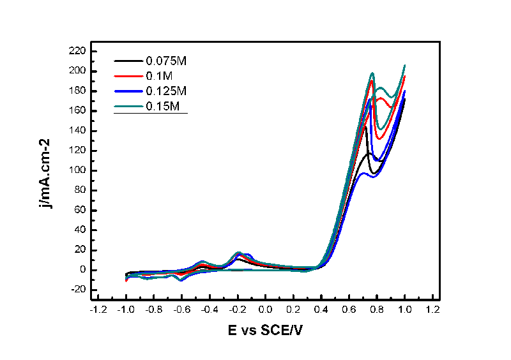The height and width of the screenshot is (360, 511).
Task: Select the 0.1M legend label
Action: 160,76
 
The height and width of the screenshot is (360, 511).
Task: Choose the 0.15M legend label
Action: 164,105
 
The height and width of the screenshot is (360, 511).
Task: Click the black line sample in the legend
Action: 128,61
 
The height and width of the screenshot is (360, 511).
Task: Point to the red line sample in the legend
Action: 128,76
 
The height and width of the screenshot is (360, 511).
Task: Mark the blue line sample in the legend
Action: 128,91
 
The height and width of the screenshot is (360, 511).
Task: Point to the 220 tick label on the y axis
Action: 79,51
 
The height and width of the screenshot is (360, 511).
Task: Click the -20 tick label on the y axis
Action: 79,290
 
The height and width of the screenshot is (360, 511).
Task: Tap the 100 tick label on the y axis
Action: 79,170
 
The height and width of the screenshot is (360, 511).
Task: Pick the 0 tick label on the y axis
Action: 84,270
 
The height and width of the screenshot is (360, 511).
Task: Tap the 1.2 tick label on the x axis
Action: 432,310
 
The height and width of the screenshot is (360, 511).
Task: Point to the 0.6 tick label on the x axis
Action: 348,310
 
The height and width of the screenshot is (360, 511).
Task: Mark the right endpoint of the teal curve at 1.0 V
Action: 404,65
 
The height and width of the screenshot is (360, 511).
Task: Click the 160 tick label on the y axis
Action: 79,111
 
